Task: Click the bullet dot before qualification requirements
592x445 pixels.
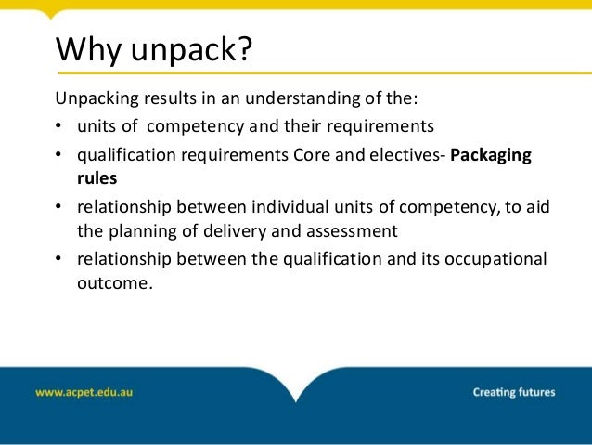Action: [60, 155]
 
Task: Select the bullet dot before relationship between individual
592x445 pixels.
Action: [60, 206]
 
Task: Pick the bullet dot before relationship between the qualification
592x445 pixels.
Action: [60, 257]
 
